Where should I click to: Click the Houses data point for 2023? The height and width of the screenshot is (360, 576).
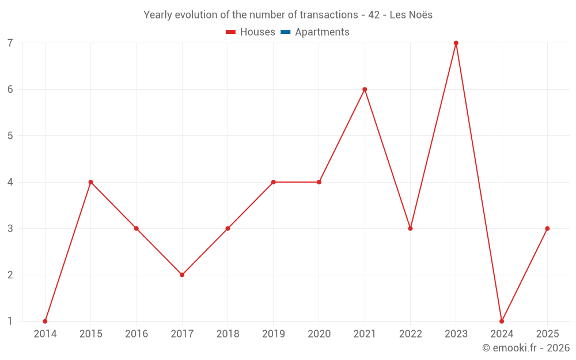coord(456,43)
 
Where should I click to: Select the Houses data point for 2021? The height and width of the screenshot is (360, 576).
coord(365,89)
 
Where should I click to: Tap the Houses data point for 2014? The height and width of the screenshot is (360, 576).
coord(45,321)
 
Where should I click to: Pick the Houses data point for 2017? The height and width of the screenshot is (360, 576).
coord(182,275)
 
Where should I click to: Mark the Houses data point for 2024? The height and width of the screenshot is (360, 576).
coord(502,321)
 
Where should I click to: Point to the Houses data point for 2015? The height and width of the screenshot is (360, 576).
coord(90,182)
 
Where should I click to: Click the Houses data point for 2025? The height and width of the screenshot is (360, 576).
coord(547,229)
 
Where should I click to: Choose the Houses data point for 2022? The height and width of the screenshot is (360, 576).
coord(410,229)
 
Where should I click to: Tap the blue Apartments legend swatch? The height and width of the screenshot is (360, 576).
coord(285,32)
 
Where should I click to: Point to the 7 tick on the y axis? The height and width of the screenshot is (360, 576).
coord(10,43)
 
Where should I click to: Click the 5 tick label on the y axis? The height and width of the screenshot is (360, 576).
coord(10,136)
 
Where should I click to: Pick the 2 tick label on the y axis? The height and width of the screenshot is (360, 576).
coord(10,275)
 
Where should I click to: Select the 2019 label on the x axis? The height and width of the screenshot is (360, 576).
coord(273,334)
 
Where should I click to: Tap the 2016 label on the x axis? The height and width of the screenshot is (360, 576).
coord(137,334)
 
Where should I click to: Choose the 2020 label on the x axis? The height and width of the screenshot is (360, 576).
coord(319,334)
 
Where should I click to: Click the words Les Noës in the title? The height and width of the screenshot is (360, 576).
coord(411,15)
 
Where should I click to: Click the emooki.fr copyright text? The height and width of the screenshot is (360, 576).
coord(526,348)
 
